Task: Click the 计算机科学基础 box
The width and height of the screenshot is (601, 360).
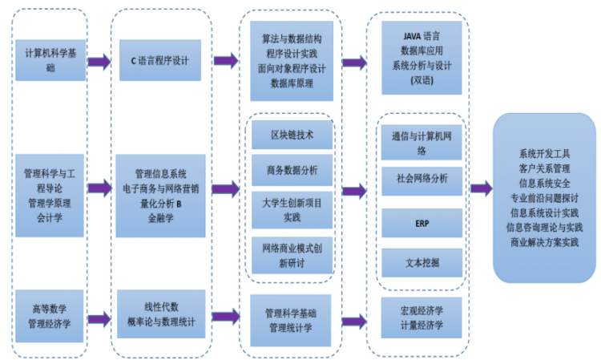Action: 50,60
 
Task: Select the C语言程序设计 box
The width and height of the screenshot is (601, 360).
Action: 160,60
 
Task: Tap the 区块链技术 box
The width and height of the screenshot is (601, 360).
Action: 291,134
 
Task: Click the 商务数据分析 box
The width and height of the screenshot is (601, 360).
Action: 291,169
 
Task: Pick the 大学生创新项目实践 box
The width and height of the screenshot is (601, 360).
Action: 291,210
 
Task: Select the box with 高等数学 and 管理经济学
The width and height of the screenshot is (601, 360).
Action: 50,315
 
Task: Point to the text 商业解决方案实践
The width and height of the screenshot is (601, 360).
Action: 544,241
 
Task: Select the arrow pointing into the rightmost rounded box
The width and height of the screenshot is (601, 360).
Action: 481,189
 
